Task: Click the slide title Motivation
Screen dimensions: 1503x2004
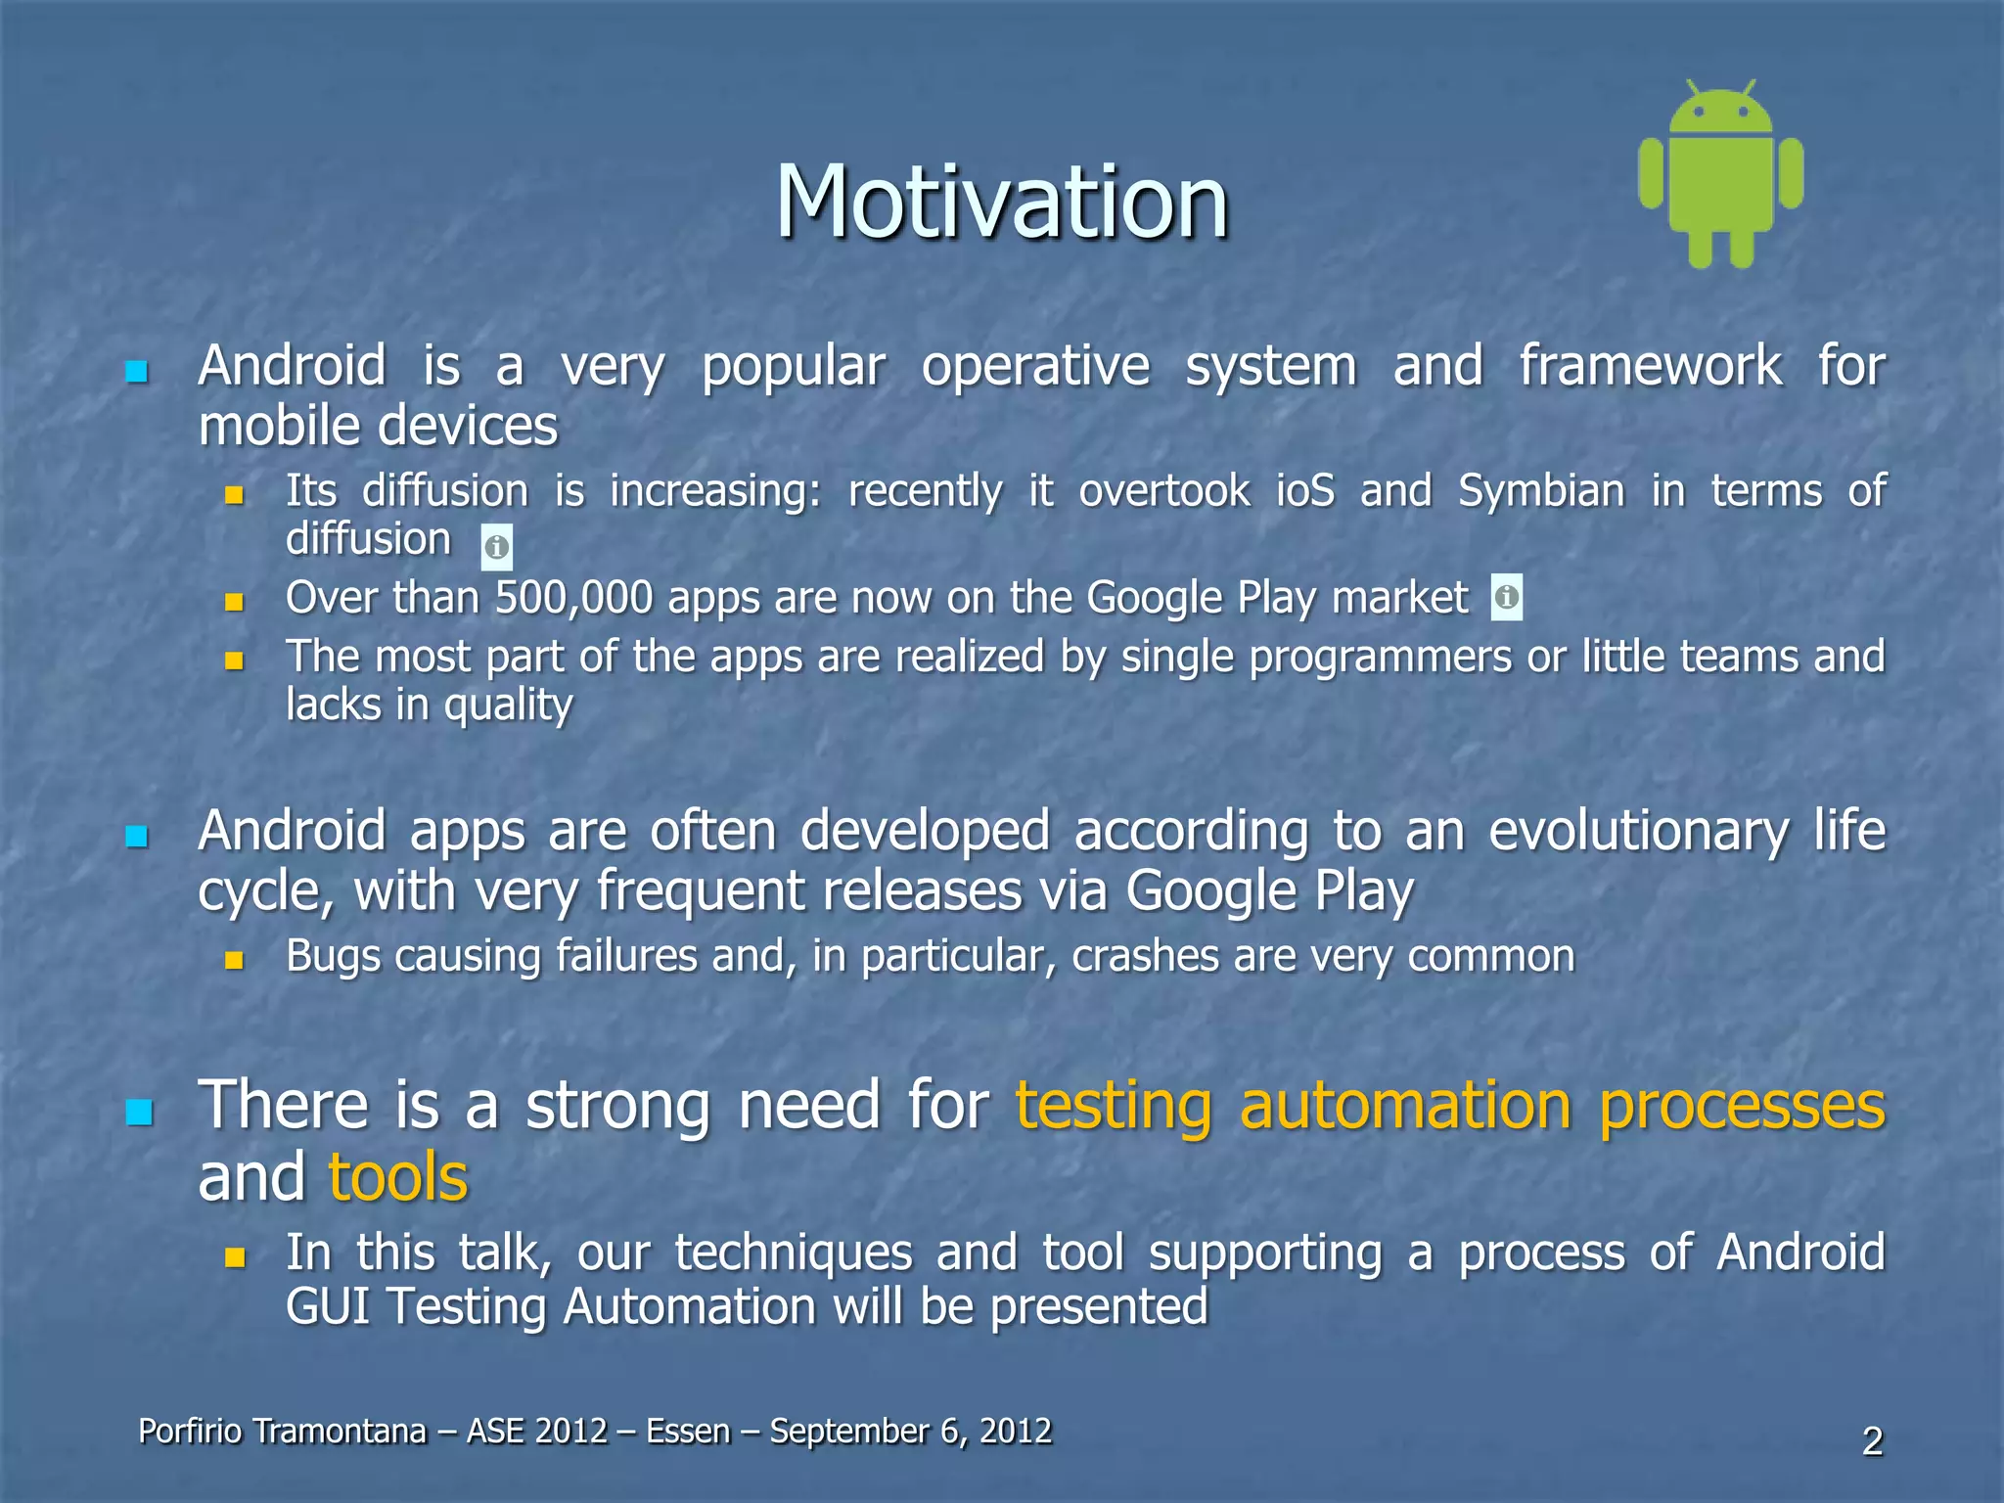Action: [x=1001, y=203]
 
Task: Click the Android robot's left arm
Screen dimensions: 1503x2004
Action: [x=1652, y=174]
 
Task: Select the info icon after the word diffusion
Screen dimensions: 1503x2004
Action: [x=497, y=547]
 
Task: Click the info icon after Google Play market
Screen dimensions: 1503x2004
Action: [x=1507, y=596]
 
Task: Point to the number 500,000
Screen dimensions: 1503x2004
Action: [x=573, y=598]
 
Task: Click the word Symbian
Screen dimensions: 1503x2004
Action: [x=1541, y=490]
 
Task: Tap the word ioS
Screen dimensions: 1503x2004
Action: [x=1305, y=490]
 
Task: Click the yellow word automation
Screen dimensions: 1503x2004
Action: [x=1405, y=1106]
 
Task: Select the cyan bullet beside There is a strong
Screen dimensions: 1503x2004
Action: [x=140, y=1112]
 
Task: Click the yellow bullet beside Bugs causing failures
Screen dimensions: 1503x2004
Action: [x=234, y=960]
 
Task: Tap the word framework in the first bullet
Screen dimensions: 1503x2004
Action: [x=1650, y=367]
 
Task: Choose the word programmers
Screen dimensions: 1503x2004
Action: [x=1380, y=657]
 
